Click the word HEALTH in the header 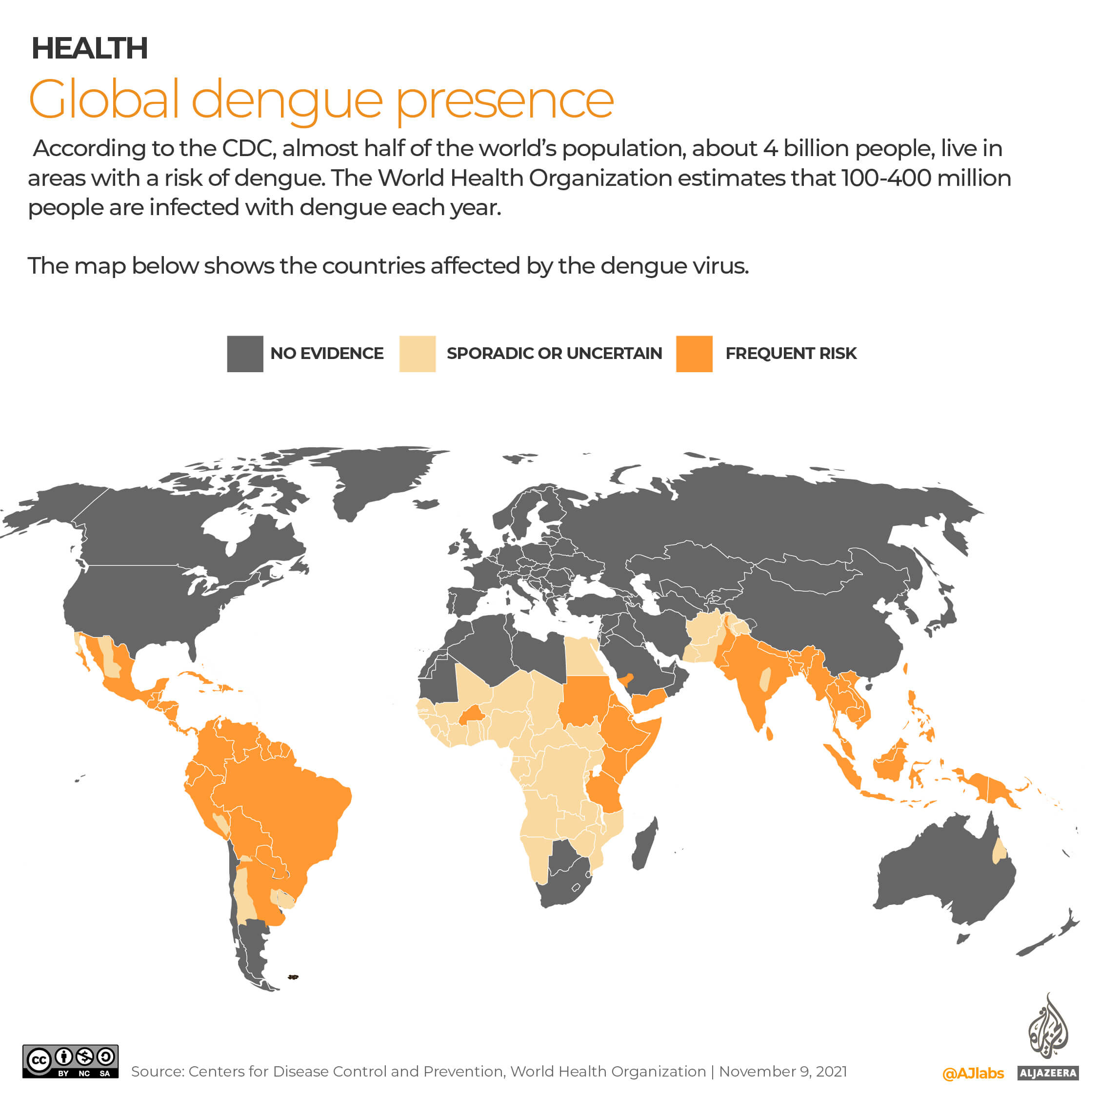(x=89, y=48)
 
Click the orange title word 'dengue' (x=287, y=100)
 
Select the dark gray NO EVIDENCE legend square (x=245, y=354)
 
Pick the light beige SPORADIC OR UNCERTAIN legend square (x=417, y=354)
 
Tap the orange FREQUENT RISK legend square (x=694, y=354)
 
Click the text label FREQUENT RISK (x=791, y=354)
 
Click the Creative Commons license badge (x=70, y=1061)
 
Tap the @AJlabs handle (x=973, y=1074)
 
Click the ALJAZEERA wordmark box (x=1048, y=1073)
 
